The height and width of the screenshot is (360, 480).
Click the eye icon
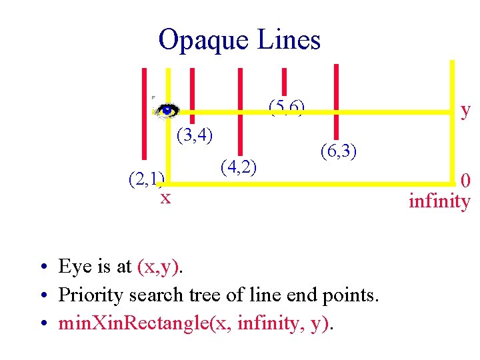coord(167,110)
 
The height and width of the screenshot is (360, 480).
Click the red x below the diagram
coord(165,197)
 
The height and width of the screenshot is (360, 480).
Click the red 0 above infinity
coord(466,180)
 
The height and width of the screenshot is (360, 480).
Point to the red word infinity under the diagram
coord(439,201)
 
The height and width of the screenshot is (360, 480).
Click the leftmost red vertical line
coord(145,113)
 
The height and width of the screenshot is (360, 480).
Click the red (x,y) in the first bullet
coord(158,267)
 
